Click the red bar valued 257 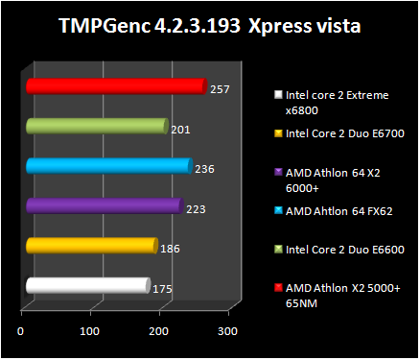pyautogui.click(x=115, y=86)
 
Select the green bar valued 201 pyautogui.click(x=97, y=126)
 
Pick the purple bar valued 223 pyautogui.click(x=104, y=205)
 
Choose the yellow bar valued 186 pyautogui.click(x=91, y=246)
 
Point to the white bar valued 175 pyautogui.click(x=87, y=285)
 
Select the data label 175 pyautogui.click(x=164, y=288)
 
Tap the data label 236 pyautogui.click(x=204, y=169)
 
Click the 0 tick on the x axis pyautogui.click(x=21, y=331)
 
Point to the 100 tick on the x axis pyautogui.click(x=89, y=331)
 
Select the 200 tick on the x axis pyautogui.click(x=158, y=331)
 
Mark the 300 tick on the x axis pyautogui.click(x=226, y=331)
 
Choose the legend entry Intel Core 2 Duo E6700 pyautogui.click(x=344, y=133)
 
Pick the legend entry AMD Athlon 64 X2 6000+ pyautogui.click(x=331, y=180)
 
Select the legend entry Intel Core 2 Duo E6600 pyautogui.click(x=344, y=249)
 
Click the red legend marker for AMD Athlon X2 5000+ pyautogui.click(x=278, y=287)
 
